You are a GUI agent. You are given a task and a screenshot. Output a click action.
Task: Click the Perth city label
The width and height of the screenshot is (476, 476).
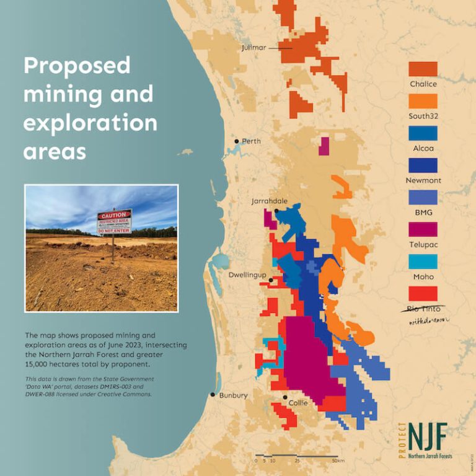[x=251, y=141]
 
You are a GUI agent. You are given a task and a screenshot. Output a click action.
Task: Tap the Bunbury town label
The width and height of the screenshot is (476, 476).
[x=234, y=395]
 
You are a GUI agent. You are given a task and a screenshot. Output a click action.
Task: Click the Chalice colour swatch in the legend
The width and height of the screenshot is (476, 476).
[x=423, y=69]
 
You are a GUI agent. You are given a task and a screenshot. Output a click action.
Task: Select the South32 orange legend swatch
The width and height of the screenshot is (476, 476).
[x=423, y=101]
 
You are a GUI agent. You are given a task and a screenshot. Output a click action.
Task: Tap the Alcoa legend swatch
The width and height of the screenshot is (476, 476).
[x=423, y=133]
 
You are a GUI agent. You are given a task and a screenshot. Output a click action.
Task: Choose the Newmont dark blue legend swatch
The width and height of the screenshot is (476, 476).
[x=423, y=165]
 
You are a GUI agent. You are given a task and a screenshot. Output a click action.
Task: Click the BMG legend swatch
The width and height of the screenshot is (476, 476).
[x=423, y=198]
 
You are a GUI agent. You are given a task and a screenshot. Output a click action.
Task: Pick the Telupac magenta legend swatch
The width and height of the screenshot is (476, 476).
[x=423, y=230]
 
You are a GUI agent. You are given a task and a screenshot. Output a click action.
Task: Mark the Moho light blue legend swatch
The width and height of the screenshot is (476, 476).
[x=423, y=262]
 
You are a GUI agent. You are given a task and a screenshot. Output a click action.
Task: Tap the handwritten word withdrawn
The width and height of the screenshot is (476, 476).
[x=428, y=320]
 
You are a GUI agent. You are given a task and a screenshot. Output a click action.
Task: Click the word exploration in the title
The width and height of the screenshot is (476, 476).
[x=90, y=123]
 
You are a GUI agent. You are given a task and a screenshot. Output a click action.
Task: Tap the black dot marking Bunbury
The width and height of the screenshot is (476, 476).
[x=213, y=395]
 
